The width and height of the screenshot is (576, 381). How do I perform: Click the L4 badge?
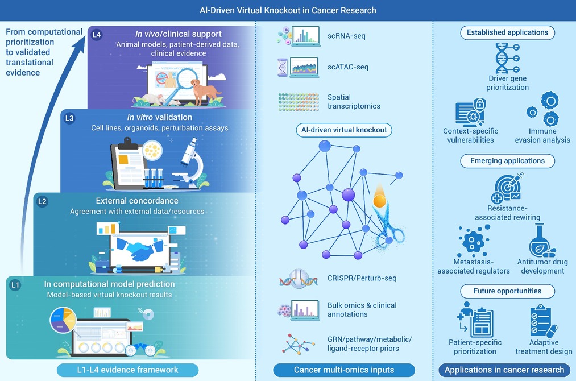(97, 35)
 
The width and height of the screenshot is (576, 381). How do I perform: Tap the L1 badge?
(15, 285)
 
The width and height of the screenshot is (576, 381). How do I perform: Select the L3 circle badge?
(69, 118)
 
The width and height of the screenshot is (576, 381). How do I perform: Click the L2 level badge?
(42, 201)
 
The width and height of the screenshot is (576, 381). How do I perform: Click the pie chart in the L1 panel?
(63, 320)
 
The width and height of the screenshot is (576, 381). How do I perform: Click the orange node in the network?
(379, 201)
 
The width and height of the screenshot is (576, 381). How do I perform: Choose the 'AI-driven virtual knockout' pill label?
(344, 130)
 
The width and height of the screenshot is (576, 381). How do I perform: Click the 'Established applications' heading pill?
(507, 32)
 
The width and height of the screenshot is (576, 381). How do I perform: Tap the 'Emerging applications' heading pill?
(507, 161)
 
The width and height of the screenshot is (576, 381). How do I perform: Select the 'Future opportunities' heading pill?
(507, 291)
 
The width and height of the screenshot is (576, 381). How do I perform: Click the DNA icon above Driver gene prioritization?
(507, 58)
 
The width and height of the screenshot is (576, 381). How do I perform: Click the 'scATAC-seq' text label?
(347, 67)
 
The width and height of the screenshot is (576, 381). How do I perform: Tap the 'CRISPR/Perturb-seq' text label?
(362, 278)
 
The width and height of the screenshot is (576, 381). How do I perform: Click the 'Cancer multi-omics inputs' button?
(344, 370)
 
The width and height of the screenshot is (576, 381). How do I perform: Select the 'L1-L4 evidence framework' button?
(127, 370)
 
